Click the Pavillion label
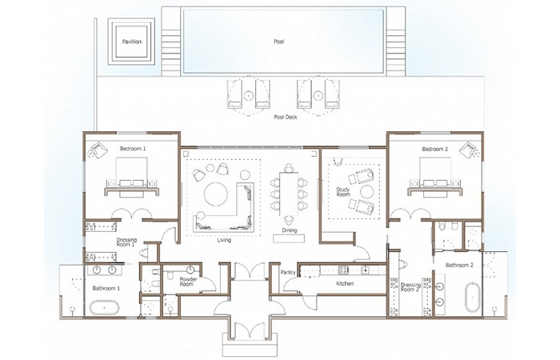tap(132, 42)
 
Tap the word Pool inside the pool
tap(279, 42)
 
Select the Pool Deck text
tap(286, 117)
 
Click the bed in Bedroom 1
tap(131, 177)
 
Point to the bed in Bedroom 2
tap(434, 178)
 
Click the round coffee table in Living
tap(216, 194)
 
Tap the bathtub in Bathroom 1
tap(104, 307)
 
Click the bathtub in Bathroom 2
tap(473, 298)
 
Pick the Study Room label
tap(343, 192)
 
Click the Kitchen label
tap(345, 283)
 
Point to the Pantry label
tap(288, 273)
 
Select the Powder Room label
tap(188, 282)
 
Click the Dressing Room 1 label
tap(126, 242)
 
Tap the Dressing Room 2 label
tap(410, 286)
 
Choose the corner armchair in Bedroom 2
tap(469, 150)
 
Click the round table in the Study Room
tap(366, 192)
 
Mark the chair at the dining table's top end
tap(289, 168)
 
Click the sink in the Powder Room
tap(190, 269)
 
